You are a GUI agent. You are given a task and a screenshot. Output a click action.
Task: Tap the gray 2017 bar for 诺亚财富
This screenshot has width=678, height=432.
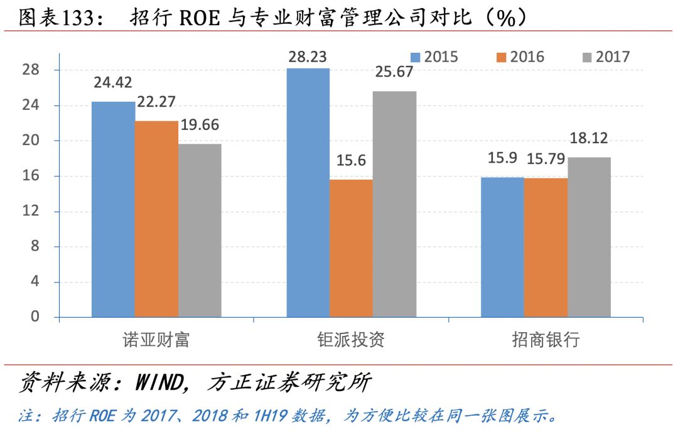coord(200,230)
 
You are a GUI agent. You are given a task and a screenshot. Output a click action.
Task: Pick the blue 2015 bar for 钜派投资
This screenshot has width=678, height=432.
coord(308,192)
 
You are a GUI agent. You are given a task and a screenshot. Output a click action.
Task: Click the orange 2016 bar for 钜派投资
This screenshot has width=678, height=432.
coord(351,248)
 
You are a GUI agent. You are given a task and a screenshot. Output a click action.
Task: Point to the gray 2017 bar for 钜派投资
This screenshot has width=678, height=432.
coord(394,204)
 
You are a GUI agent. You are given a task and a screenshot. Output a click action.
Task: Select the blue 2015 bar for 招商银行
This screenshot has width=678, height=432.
coord(502,247)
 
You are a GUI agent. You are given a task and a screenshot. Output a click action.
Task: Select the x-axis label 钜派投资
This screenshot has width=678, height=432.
coord(351,341)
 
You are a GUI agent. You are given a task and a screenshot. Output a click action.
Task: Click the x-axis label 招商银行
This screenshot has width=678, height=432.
coord(546,341)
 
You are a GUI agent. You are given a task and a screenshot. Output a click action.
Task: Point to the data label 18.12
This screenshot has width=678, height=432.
coord(588,139)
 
